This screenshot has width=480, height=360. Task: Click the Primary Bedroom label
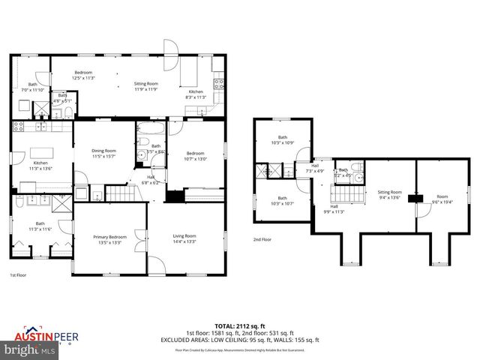coord(109,239)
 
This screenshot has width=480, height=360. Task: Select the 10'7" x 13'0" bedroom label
coord(195,154)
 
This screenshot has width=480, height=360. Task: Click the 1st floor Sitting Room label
coord(145,86)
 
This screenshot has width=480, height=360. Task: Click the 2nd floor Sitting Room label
coord(389,195)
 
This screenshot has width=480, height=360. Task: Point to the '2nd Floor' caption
coord(262,239)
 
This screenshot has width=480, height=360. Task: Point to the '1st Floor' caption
coord(19,275)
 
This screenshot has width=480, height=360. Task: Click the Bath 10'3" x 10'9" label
coord(283,139)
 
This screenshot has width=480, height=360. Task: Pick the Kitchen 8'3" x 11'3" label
coord(195,94)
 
